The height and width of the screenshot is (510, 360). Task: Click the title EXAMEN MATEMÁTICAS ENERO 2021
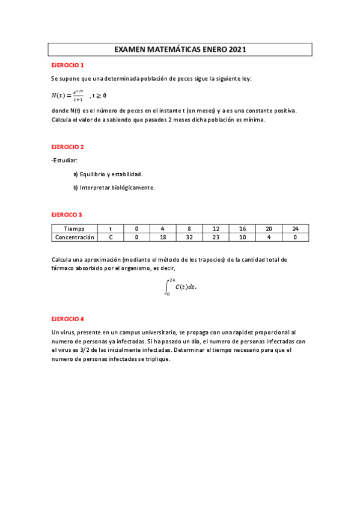pos(180,50)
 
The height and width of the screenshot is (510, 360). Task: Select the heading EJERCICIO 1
pos(67,65)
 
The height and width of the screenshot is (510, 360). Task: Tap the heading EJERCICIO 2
pos(67,147)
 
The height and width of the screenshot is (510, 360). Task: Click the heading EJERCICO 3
pos(66,214)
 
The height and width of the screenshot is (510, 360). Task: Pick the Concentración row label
pos(75,237)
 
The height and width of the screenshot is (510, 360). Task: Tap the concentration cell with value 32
pos(189,237)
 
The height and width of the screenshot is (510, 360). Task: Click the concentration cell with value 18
pos(162,237)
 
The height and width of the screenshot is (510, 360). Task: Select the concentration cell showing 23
pos(215,237)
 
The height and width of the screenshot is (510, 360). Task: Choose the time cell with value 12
pos(215,229)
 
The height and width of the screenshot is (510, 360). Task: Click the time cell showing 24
pos(294,229)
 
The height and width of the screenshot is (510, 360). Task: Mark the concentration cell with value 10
pos(242,237)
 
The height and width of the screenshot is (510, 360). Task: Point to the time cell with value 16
pos(242,229)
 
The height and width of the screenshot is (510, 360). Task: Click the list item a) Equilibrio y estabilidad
pos(108,174)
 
